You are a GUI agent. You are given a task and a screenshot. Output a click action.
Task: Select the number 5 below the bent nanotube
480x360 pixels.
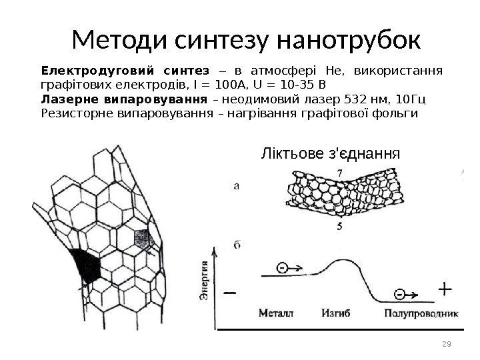click(340, 227)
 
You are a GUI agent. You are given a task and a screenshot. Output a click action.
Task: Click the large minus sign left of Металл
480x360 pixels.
click(231, 292)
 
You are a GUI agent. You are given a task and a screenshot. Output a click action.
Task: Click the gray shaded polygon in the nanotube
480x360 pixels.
click(143, 237)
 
